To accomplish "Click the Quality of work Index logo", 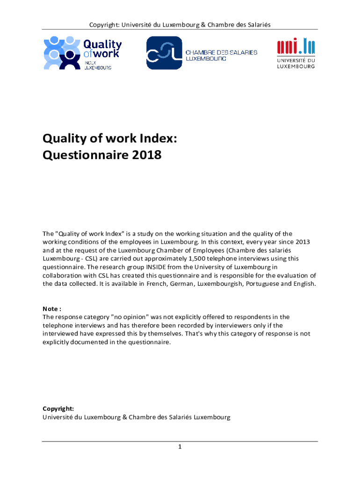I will pyautogui.click(x=82, y=52).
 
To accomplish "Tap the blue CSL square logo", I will pyautogui.click(x=164, y=52).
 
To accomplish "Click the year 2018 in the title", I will pyautogui.click(x=146, y=154).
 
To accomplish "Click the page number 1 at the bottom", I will pyautogui.click(x=180, y=447).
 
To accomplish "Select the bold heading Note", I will pyautogui.click(x=50, y=309).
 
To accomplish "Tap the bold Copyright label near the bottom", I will pyautogui.click(x=58, y=408).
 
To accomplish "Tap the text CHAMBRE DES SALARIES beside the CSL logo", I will pyautogui.click(x=222, y=52).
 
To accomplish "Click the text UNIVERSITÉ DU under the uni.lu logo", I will pyautogui.click(x=296, y=60).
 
